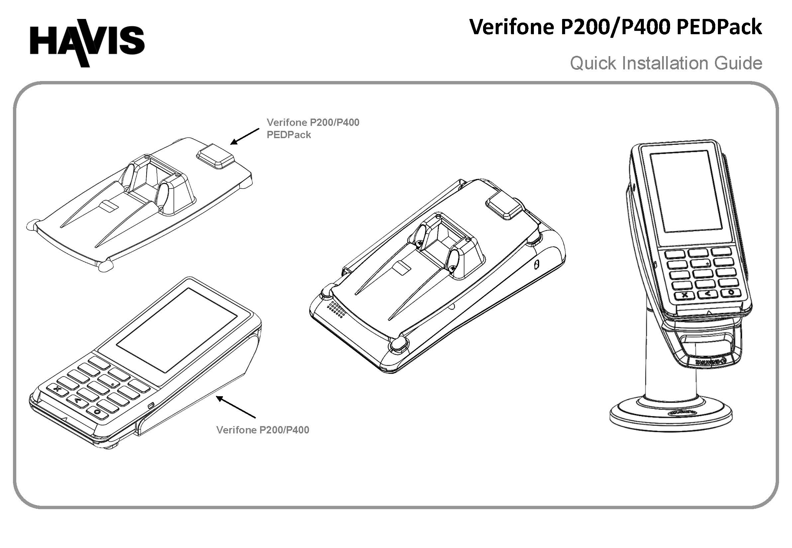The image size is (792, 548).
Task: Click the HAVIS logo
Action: click(x=87, y=43)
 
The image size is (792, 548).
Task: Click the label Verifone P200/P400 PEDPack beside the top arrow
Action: click(x=313, y=129)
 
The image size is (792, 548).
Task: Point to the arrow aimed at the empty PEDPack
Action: click(x=245, y=137)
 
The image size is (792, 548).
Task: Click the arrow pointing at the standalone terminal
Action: click(x=236, y=407)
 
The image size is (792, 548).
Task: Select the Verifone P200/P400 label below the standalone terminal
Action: click(x=262, y=430)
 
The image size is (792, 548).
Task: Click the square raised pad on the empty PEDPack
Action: click(x=215, y=155)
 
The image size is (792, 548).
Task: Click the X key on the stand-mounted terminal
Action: click(x=684, y=295)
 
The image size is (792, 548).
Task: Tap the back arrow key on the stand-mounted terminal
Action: click(x=707, y=294)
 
